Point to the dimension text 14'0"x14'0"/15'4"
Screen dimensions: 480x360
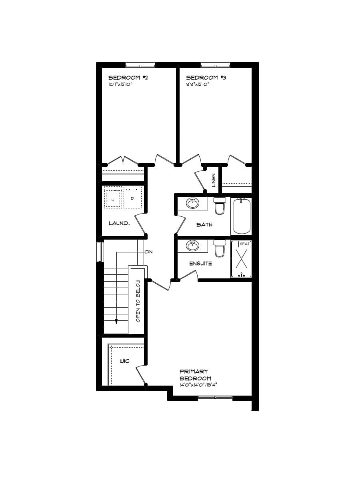pos(198,385)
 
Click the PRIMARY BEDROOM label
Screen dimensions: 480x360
pos(195,375)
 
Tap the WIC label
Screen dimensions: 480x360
pos(125,361)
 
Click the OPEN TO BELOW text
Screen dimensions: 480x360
pos(138,301)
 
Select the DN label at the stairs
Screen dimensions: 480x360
pos(149,252)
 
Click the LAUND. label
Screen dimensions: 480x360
pos(119,223)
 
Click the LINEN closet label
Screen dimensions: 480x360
pos(214,180)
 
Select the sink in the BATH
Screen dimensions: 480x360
pos(193,203)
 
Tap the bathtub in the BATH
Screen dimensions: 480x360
pos(242,216)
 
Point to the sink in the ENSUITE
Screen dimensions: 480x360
pos(193,246)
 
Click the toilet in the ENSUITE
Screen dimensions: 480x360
pos(220,248)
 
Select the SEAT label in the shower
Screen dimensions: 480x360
pos(244,244)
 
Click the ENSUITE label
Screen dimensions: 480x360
pos(200,264)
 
